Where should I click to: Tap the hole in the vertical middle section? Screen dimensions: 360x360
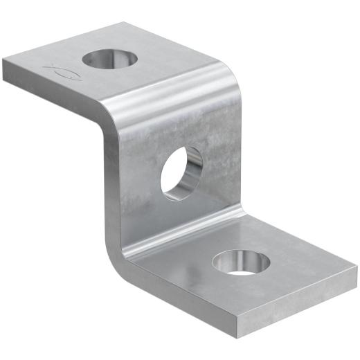point(181,173)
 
